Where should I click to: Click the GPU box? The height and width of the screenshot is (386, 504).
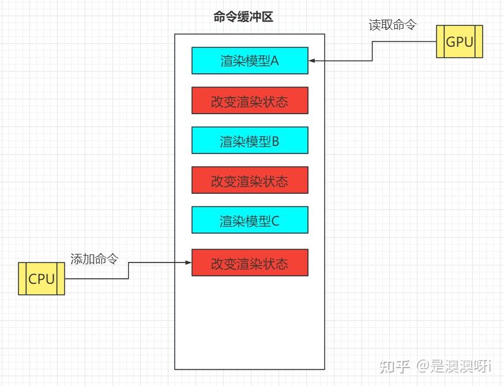[x=459, y=42]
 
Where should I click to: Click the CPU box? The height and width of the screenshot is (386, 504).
[x=41, y=279]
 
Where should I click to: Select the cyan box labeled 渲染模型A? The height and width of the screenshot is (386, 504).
[x=250, y=61]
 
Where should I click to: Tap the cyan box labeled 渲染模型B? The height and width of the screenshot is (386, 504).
[x=250, y=140]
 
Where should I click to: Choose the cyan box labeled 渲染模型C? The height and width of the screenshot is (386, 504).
[x=250, y=220]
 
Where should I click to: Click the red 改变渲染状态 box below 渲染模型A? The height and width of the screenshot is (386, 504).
[x=250, y=100]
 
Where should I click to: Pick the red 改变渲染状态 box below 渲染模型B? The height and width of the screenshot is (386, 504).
[x=250, y=180]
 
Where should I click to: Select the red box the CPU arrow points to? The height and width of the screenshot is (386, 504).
[x=250, y=263]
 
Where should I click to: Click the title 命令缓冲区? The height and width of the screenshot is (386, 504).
[x=243, y=17]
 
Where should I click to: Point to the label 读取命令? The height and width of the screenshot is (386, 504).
[x=392, y=25]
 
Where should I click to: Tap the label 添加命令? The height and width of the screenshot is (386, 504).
[x=93, y=258]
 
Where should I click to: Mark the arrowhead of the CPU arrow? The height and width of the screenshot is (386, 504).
[x=188, y=263]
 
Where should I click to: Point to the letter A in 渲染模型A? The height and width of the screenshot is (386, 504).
[x=274, y=61]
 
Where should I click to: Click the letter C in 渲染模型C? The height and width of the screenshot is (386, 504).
[x=274, y=220]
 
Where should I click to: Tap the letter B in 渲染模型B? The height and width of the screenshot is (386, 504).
[x=274, y=141]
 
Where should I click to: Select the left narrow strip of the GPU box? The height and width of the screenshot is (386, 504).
[x=440, y=42]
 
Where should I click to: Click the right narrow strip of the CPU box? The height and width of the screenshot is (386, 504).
[x=61, y=279]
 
